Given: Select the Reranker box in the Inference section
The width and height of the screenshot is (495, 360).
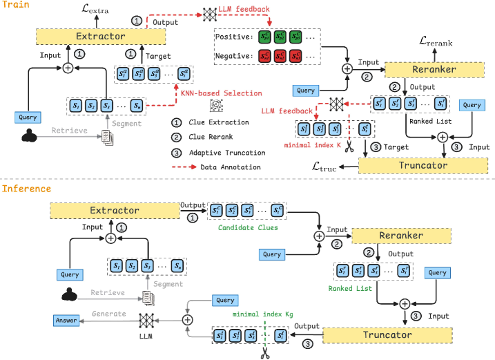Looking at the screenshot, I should tap(400, 235).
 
